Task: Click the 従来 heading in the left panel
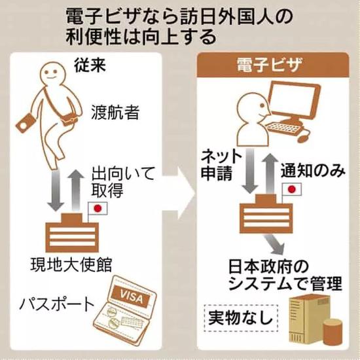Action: pyautogui.click(x=90, y=65)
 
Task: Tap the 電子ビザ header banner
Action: pyautogui.click(x=273, y=65)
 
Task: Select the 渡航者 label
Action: pyautogui.click(x=115, y=113)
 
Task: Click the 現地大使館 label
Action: pyautogui.click(x=71, y=265)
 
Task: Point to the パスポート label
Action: pyautogui.click(x=57, y=304)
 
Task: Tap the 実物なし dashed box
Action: pyautogui.click(x=241, y=318)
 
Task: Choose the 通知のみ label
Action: pyautogui.click(x=313, y=171)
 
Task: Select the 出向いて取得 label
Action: pyautogui.click(x=123, y=183)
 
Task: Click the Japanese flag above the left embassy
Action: pyautogui.click(x=98, y=208)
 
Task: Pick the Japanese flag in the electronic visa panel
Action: pyautogui.click(x=291, y=189)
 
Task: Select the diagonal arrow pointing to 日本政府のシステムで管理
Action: pyautogui.click(x=276, y=244)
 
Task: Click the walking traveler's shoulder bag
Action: pyautogui.click(x=68, y=119)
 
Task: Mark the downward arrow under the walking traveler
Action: pyautogui.click(x=55, y=190)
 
